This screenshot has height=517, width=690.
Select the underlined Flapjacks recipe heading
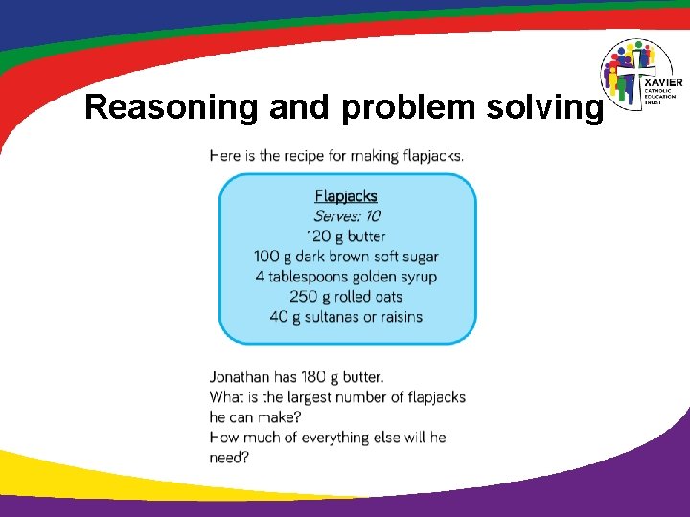click(346, 196)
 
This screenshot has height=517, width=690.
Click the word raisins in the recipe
click(396, 317)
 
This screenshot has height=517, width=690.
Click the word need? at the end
click(230, 458)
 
